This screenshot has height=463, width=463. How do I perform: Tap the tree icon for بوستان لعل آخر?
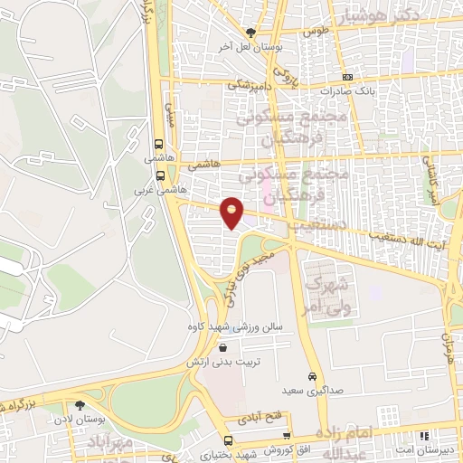tap(250, 33)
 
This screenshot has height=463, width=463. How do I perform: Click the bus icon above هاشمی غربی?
tap(160, 176)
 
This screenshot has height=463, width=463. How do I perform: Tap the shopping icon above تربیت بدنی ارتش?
tap(222, 347)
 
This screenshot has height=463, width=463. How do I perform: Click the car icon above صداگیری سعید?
tap(312, 376)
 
